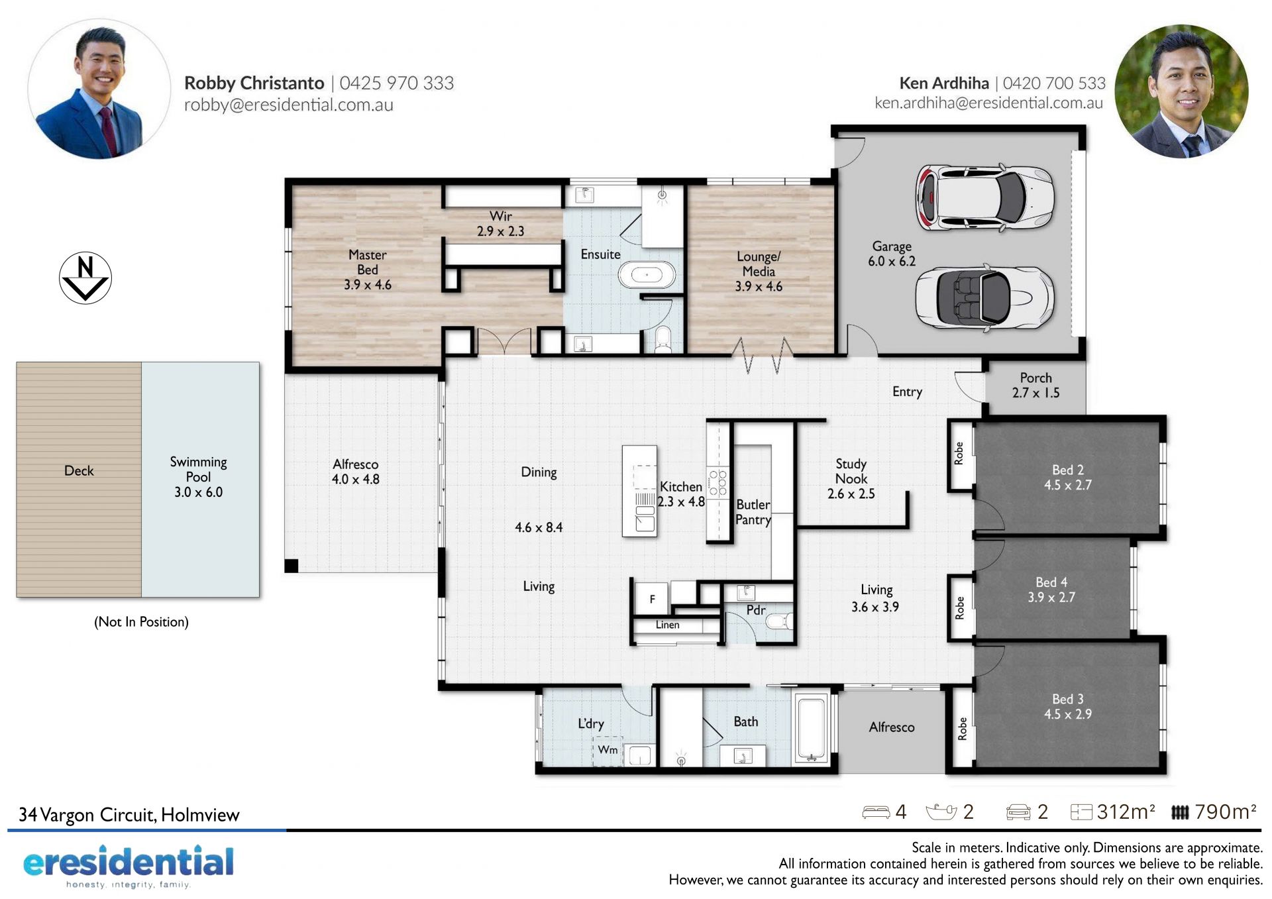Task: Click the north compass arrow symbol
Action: (x=85, y=278)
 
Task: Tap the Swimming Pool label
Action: (x=198, y=476)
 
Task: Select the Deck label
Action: (x=79, y=470)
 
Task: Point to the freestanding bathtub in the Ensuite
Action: (x=647, y=274)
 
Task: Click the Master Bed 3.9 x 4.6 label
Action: (x=368, y=270)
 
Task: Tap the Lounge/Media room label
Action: (x=759, y=271)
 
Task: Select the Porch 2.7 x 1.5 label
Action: (x=1035, y=385)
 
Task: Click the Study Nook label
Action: (x=851, y=471)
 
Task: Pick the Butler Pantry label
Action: (x=753, y=512)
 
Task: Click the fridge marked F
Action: (x=652, y=599)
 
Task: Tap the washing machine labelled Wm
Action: (x=608, y=751)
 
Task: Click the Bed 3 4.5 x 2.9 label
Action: (x=1068, y=706)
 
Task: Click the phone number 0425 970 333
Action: (x=397, y=83)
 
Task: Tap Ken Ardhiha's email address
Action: (x=988, y=103)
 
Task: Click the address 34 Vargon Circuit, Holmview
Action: (x=129, y=815)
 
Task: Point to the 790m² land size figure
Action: (x=1226, y=812)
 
